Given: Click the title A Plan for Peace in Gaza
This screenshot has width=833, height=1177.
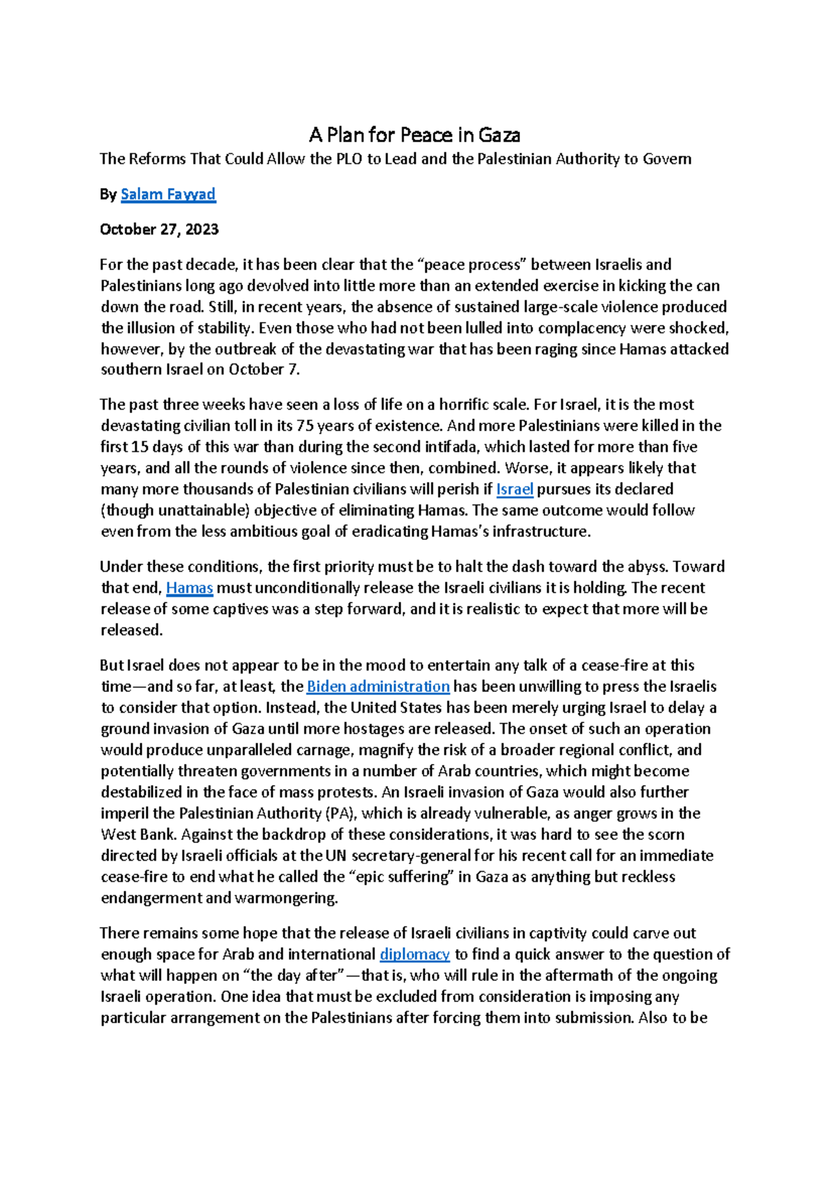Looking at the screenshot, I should (414, 135).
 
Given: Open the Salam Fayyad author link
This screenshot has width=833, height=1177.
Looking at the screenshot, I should (168, 194).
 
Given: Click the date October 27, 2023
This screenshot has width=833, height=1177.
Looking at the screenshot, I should (159, 229).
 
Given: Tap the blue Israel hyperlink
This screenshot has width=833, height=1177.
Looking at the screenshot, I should (514, 489).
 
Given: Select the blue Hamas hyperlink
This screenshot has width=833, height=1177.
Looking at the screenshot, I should (190, 588).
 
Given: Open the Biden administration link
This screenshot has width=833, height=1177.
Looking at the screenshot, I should (378, 686).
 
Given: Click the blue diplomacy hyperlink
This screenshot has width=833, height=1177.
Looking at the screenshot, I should (414, 954).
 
